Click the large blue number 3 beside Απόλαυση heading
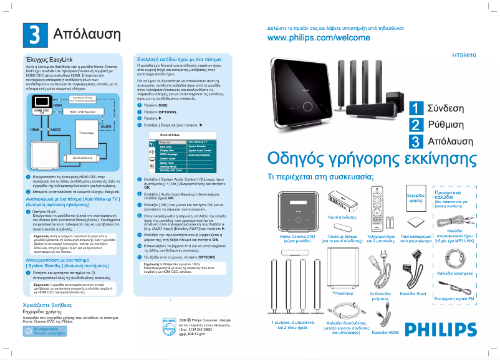[32, 33]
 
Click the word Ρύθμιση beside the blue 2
[446, 125]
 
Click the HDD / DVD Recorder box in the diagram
[82, 111]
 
